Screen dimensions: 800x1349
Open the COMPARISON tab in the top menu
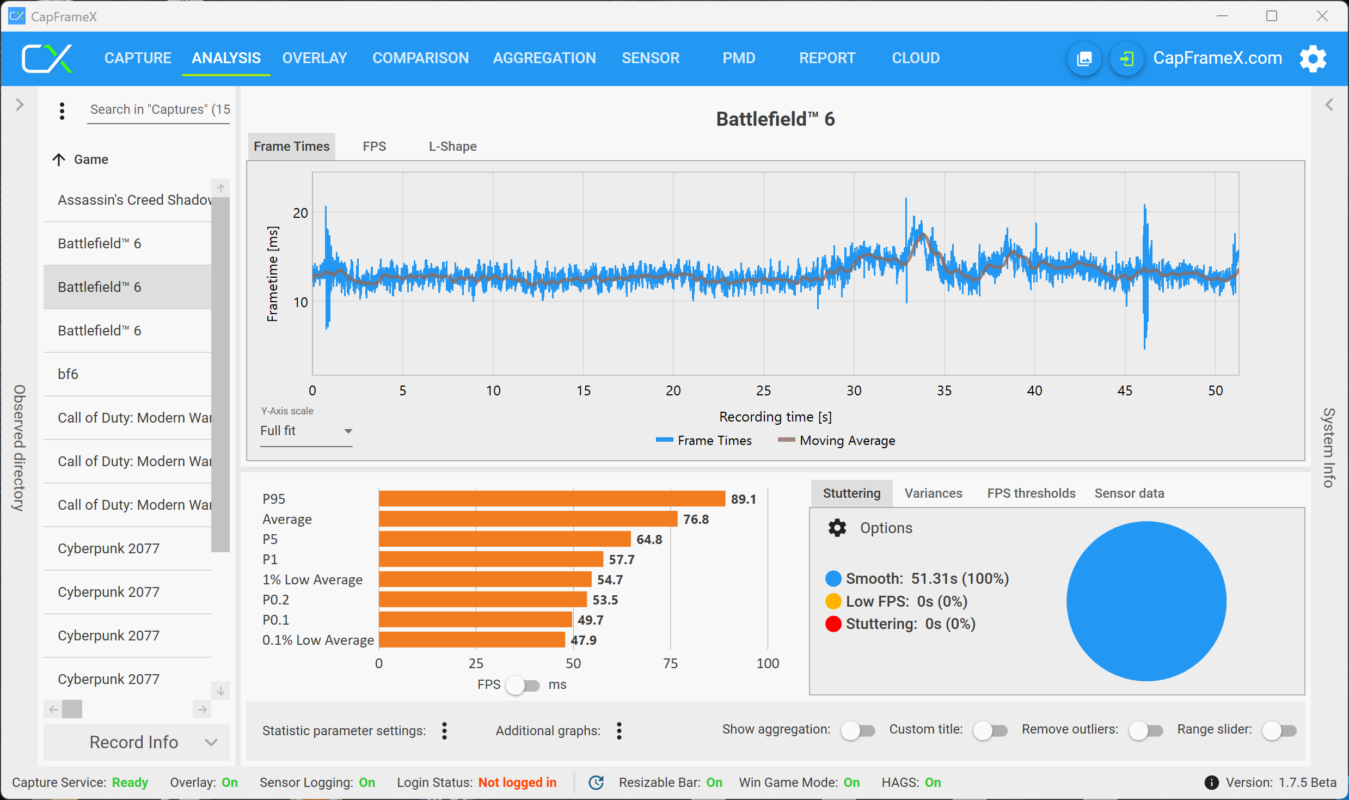click(x=420, y=58)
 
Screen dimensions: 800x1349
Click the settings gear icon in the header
click(x=1313, y=58)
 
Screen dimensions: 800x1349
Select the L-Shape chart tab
click(x=452, y=146)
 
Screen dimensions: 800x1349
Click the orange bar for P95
click(x=551, y=499)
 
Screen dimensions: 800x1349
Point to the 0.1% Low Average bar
click(x=471, y=640)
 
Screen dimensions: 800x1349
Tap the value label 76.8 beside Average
click(x=696, y=520)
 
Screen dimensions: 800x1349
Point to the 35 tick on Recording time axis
click(x=944, y=390)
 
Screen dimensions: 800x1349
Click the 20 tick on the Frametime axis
click(x=301, y=213)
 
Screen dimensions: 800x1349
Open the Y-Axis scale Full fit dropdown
click(x=306, y=431)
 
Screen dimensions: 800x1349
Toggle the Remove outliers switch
click(x=1145, y=730)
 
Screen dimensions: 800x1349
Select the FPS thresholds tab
click(x=1031, y=493)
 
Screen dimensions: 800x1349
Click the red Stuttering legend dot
click(x=833, y=624)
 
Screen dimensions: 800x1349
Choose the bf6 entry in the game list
click(x=68, y=374)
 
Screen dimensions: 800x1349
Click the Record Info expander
click(x=136, y=742)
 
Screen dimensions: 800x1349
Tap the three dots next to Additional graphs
click(x=619, y=731)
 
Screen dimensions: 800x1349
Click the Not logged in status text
click(x=517, y=783)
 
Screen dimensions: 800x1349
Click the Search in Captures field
click(x=159, y=109)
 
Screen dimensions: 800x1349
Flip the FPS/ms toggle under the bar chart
click(x=522, y=685)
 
